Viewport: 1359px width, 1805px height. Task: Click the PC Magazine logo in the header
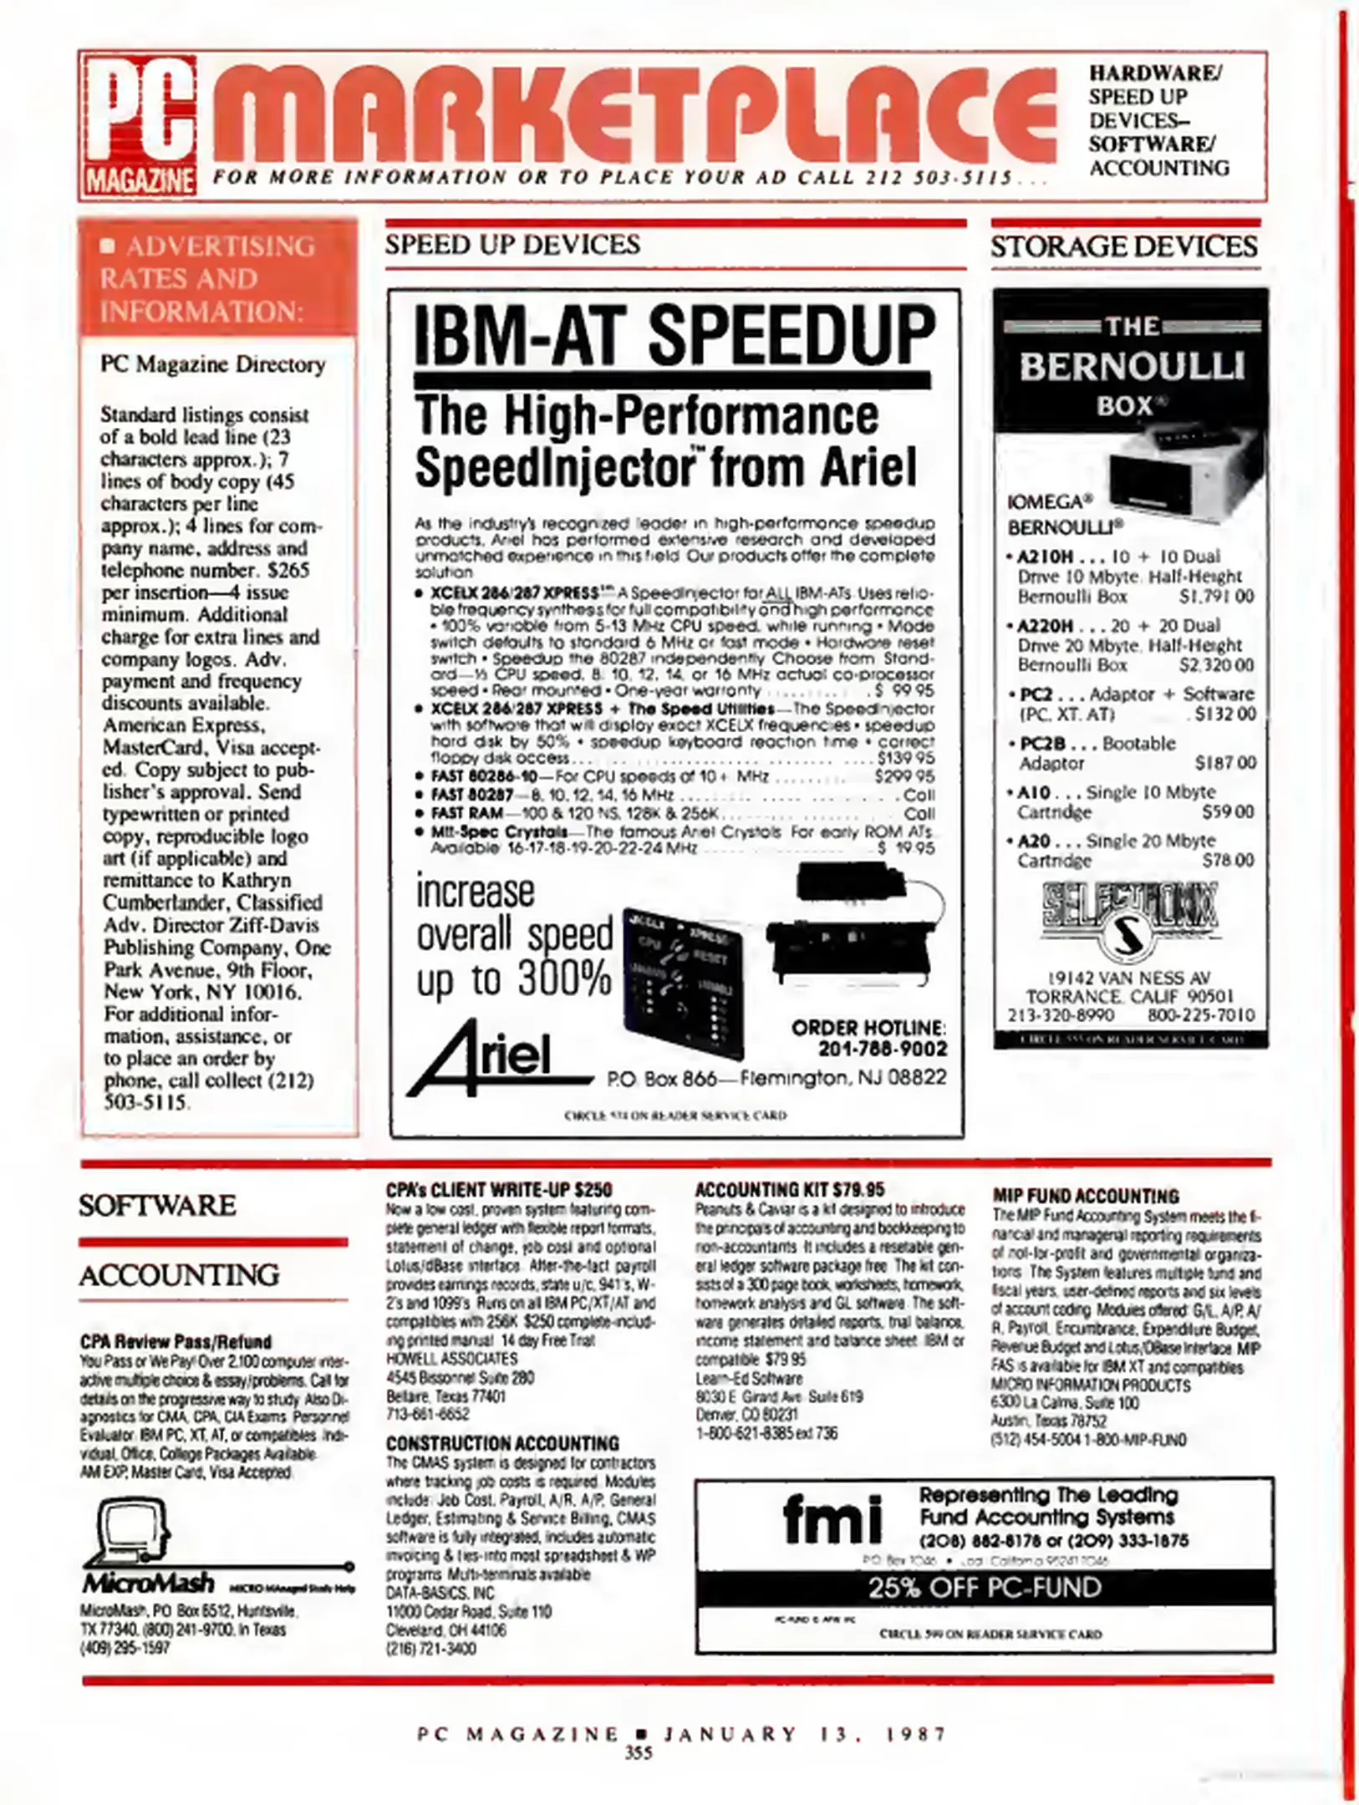(x=140, y=125)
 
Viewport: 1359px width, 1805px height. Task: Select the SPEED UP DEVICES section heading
(x=512, y=245)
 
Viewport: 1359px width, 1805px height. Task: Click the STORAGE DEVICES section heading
(x=1124, y=247)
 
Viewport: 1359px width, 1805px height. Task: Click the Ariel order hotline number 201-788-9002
(x=882, y=1049)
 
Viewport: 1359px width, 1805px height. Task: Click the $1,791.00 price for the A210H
(x=1216, y=597)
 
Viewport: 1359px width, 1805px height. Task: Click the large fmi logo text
(x=832, y=1520)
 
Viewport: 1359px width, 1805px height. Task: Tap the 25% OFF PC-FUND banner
(x=985, y=1588)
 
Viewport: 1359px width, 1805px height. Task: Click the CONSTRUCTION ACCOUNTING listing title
(x=502, y=1444)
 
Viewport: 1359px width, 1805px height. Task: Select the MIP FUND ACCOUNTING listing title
(x=1085, y=1196)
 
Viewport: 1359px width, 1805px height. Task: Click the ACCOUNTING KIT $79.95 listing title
(x=789, y=1190)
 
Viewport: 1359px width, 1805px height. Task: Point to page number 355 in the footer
(x=639, y=1753)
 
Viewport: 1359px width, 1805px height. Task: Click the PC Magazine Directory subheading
(x=212, y=365)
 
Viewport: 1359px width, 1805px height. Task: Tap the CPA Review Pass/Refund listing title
(x=176, y=1342)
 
